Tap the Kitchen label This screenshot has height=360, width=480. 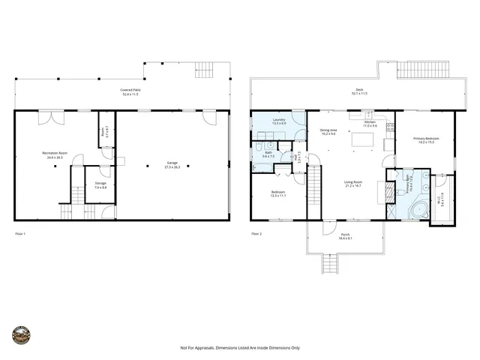pyautogui.click(x=370, y=122)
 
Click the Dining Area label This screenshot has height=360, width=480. pyautogui.click(x=328, y=130)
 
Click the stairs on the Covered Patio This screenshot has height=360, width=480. pyautogui.click(x=204, y=70)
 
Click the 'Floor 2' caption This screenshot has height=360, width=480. pyautogui.click(x=256, y=234)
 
